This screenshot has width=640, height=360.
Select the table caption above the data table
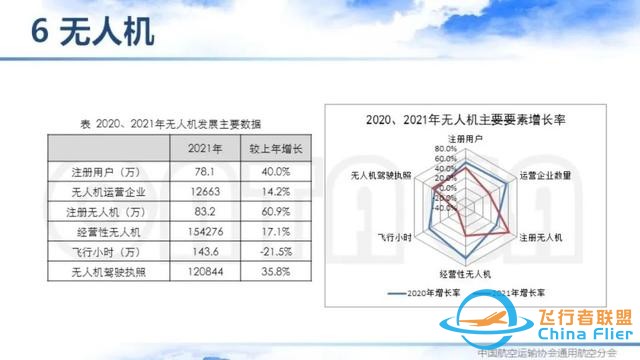click(171, 125)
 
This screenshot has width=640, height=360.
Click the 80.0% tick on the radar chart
click(445, 149)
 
